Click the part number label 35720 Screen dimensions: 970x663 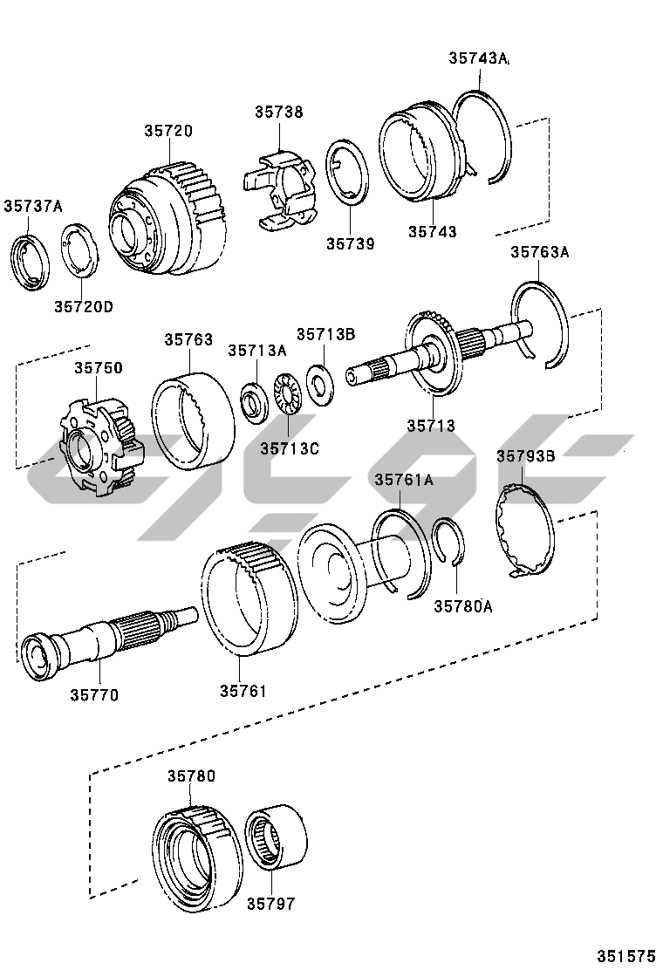168,131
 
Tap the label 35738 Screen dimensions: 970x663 279,112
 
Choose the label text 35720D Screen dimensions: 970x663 84,306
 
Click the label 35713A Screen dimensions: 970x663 257,350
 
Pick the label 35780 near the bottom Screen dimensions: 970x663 190,775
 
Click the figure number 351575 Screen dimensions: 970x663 625,955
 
